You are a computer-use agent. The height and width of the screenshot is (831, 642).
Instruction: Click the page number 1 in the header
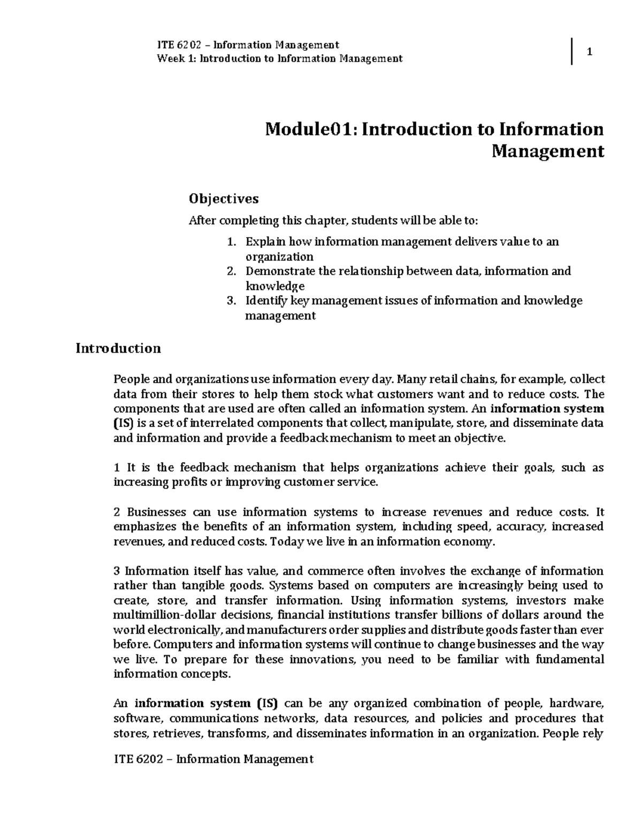pos(590,52)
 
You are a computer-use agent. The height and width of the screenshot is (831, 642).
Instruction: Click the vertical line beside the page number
pos(572,51)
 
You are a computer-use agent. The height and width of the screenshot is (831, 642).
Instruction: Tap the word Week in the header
pos(169,58)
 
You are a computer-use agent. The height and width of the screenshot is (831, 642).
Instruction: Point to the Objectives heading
pos(223,199)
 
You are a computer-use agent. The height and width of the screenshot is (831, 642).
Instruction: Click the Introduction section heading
pos(118,348)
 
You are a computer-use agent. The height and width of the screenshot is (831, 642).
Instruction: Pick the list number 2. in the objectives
pos(231,271)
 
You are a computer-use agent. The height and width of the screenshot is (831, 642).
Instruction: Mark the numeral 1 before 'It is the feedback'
pos(117,468)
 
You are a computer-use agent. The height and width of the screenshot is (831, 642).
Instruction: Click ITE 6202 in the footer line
pos(138,759)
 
